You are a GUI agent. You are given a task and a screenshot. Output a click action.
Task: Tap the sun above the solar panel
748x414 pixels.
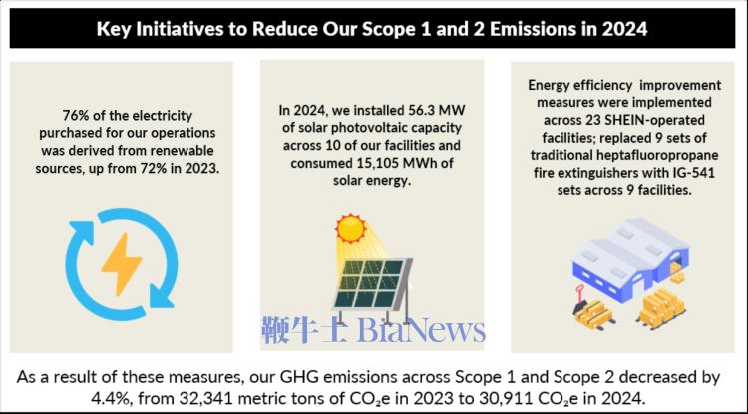[x=350, y=229]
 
